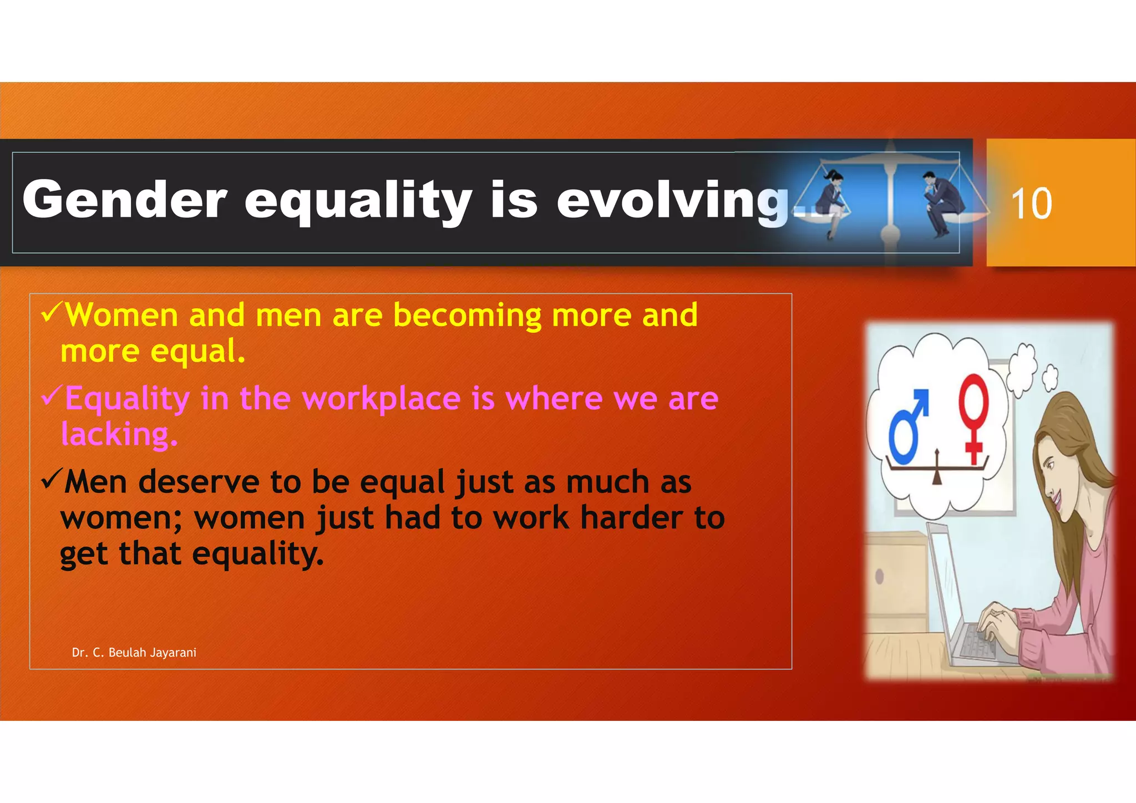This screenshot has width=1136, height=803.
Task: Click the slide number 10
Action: [x=1031, y=203]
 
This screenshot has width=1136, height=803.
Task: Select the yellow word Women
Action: [x=121, y=316]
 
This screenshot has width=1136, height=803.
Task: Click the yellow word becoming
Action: [x=466, y=316]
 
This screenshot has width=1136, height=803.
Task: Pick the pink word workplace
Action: [x=381, y=399]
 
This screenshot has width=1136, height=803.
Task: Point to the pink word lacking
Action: [x=119, y=434]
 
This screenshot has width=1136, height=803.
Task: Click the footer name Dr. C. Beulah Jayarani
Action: [x=134, y=653]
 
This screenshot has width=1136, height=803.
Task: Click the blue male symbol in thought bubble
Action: [x=907, y=427]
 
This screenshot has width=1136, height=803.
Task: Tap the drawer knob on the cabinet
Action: [x=879, y=576]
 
